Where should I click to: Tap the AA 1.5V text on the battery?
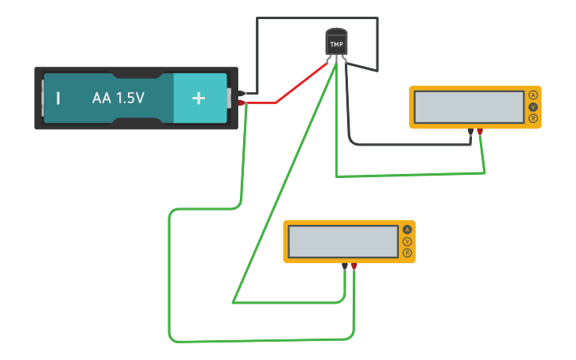pyautogui.click(x=118, y=99)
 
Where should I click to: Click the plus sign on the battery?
pyautogui.click(x=199, y=99)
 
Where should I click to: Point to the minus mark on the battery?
pyautogui.click(x=58, y=99)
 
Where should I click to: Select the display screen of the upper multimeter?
pyautogui.click(x=469, y=106)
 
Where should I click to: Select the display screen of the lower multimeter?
pyautogui.click(x=343, y=242)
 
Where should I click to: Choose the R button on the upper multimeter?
pyautogui.click(x=533, y=118)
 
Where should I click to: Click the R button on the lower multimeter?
pyautogui.click(x=408, y=254)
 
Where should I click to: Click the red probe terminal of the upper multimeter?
pyautogui.click(x=480, y=132)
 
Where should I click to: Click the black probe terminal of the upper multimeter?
pyautogui.click(x=470, y=132)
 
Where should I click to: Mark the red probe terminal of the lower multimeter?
pyautogui.click(x=354, y=267)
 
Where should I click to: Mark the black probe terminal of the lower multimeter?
pyautogui.click(x=345, y=267)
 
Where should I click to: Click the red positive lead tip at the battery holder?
pyautogui.click(x=241, y=103)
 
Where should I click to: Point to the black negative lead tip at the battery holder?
pyautogui.click(x=241, y=94)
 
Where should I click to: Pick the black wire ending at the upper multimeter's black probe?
pyautogui.click(x=397, y=145)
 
